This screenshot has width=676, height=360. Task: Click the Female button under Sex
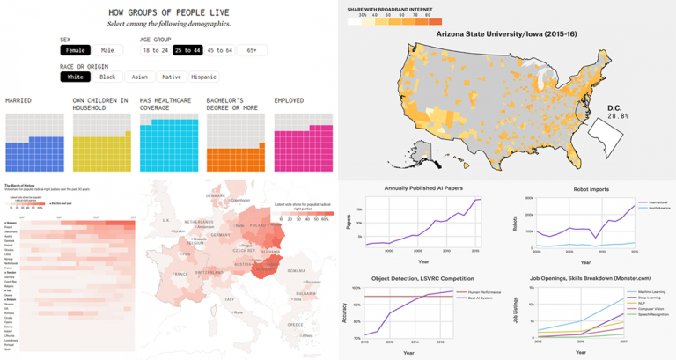[74, 51]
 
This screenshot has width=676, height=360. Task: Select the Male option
[106, 51]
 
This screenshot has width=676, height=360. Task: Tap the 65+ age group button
[253, 51]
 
